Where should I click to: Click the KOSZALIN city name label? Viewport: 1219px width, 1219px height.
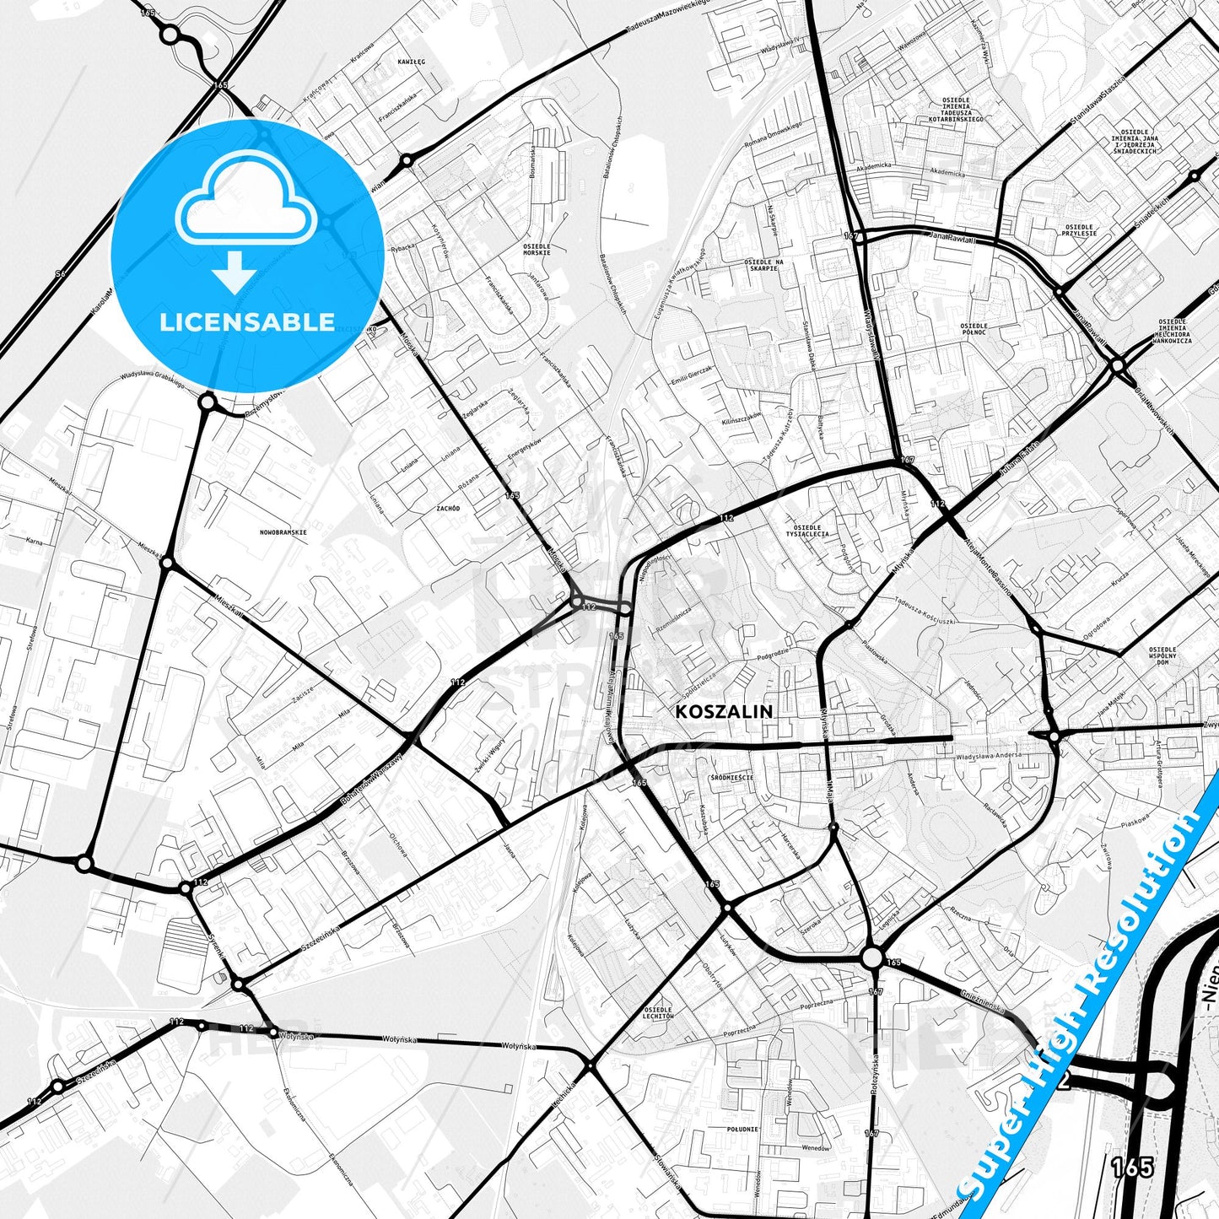click(724, 711)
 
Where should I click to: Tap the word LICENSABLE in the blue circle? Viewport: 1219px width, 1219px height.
click(247, 322)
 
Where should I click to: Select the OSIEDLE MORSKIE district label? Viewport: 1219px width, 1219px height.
click(537, 250)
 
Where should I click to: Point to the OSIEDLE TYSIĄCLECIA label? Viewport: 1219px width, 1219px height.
click(807, 530)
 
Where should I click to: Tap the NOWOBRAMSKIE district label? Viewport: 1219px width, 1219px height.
click(283, 532)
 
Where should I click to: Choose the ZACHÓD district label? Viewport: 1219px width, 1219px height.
click(448, 509)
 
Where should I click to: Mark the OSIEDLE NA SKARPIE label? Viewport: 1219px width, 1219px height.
click(763, 265)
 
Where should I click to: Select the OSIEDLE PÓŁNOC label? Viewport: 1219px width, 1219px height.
click(974, 329)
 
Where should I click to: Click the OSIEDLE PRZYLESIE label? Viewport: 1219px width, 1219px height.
click(1080, 229)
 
